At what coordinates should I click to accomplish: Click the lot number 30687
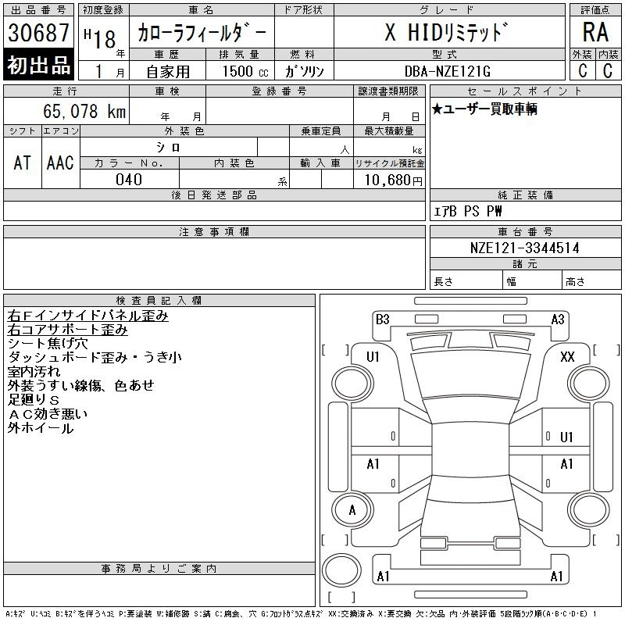[38, 33]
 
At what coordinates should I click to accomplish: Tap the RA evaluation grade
[595, 32]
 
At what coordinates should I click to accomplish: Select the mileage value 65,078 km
[84, 111]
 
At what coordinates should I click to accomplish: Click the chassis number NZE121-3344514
[524, 248]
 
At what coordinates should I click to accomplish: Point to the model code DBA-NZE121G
[447, 71]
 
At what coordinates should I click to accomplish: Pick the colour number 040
[129, 180]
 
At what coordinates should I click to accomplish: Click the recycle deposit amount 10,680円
[394, 180]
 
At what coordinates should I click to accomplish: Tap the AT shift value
[23, 162]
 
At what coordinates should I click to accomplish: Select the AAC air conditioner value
[60, 162]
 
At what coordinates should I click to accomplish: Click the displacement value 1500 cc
[245, 71]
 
